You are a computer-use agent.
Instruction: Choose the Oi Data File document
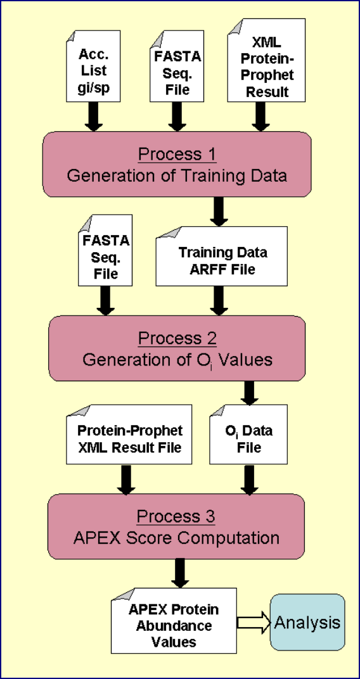pyautogui.click(x=248, y=434)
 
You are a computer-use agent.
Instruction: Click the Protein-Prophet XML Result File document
pyautogui.click(x=129, y=434)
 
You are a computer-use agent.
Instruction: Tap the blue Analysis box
pyautogui.click(x=307, y=623)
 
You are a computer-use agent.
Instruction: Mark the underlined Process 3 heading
pyautogui.click(x=176, y=517)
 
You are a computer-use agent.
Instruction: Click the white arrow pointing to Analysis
pyautogui.click(x=254, y=623)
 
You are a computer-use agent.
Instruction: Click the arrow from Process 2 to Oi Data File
pyautogui.click(x=248, y=392)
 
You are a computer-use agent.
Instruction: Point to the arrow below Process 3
pyautogui.click(x=180, y=573)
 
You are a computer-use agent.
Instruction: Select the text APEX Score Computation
pyautogui.click(x=176, y=538)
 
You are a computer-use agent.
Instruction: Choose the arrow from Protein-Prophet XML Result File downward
pyautogui.click(x=126, y=479)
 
